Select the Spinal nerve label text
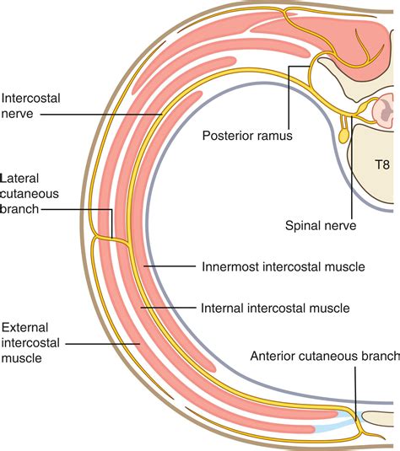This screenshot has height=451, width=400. pyautogui.click(x=322, y=225)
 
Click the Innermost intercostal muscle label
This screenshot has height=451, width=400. pyautogui.click(x=284, y=266)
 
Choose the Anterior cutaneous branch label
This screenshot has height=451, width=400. pyautogui.click(x=324, y=356)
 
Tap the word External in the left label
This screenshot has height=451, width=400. pyautogui.click(x=26, y=326)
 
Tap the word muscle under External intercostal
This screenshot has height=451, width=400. pyautogui.click(x=24, y=357)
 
